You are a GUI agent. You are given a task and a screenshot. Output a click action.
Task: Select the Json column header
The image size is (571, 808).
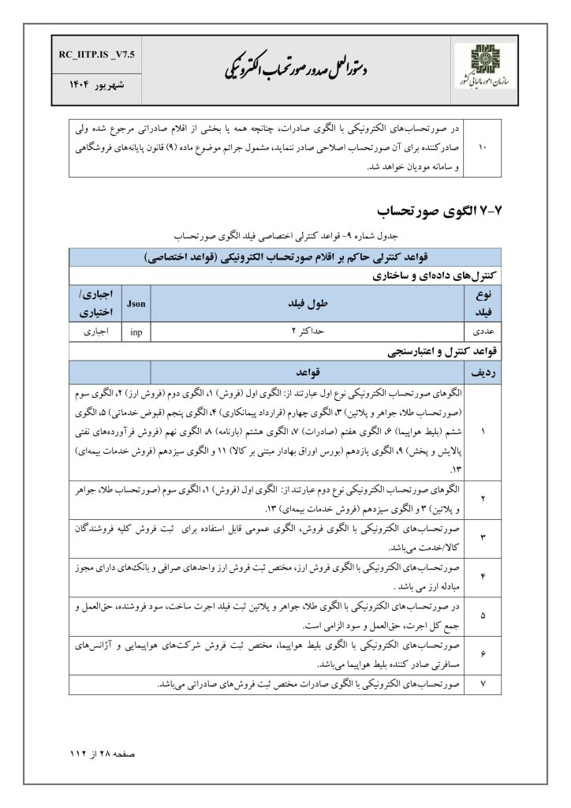[136, 302]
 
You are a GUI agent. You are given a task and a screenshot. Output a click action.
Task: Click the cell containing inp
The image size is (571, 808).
[136, 331]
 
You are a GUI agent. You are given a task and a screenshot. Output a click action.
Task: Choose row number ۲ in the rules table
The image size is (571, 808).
[482, 499]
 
